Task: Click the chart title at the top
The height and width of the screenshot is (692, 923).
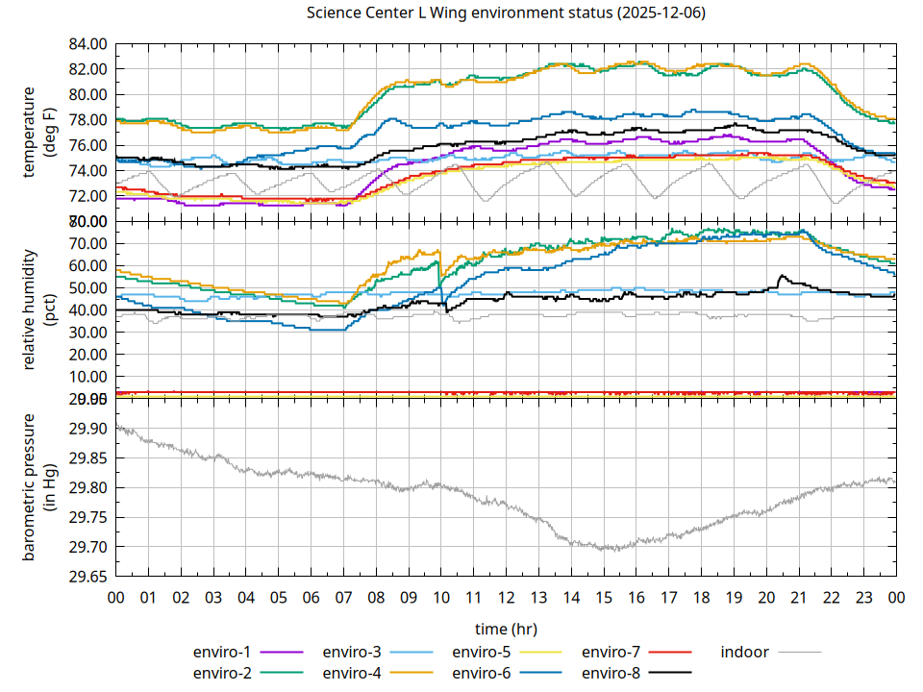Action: coord(505,13)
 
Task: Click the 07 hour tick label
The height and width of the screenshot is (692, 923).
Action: coord(343,597)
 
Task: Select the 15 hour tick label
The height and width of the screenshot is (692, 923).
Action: coord(604,597)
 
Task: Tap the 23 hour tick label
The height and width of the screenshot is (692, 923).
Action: coord(863,597)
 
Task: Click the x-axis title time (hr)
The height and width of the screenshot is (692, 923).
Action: coord(505,629)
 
